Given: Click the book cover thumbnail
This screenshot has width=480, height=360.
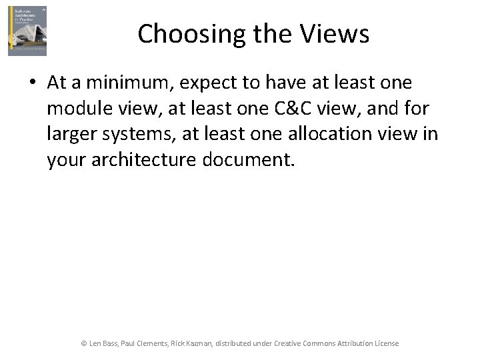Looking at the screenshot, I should tap(27, 31).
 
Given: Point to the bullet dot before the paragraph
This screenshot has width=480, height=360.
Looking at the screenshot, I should tap(33, 83).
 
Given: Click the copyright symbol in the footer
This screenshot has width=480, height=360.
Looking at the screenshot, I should tap(84, 343).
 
